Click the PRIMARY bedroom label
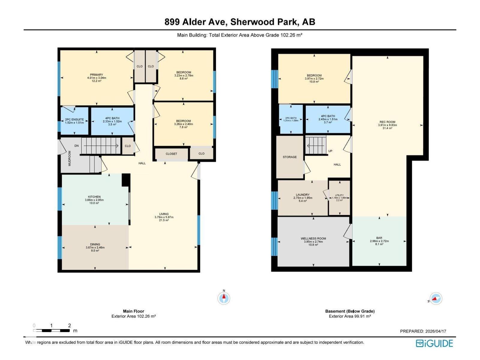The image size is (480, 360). click(x=96, y=75)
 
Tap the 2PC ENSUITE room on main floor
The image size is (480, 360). click(x=74, y=121)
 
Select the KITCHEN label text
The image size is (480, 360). click(x=94, y=197)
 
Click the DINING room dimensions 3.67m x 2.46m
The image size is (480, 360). click(x=95, y=247)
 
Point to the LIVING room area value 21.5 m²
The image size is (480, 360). click(x=164, y=220)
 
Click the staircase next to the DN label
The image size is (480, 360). click(x=100, y=146)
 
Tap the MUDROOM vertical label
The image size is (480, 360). click(x=70, y=158)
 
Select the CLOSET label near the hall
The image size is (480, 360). click(x=171, y=154)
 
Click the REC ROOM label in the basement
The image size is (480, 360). click(x=387, y=122)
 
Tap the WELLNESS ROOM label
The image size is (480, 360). click(x=313, y=238)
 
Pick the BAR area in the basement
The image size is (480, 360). click(x=379, y=241)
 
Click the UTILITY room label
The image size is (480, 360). click(x=339, y=195)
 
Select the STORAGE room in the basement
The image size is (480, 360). click(x=289, y=157)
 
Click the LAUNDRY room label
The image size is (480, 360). click(x=302, y=195)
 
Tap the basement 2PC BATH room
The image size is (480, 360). click(x=291, y=119)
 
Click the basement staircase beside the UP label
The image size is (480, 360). click(x=316, y=145)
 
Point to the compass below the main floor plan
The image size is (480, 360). click(x=223, y=298)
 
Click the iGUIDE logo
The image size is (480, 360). click(x=434, y=343)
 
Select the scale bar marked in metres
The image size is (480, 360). click(x=51, y=330)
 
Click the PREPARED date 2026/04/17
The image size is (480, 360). click(x=423, y=331)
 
